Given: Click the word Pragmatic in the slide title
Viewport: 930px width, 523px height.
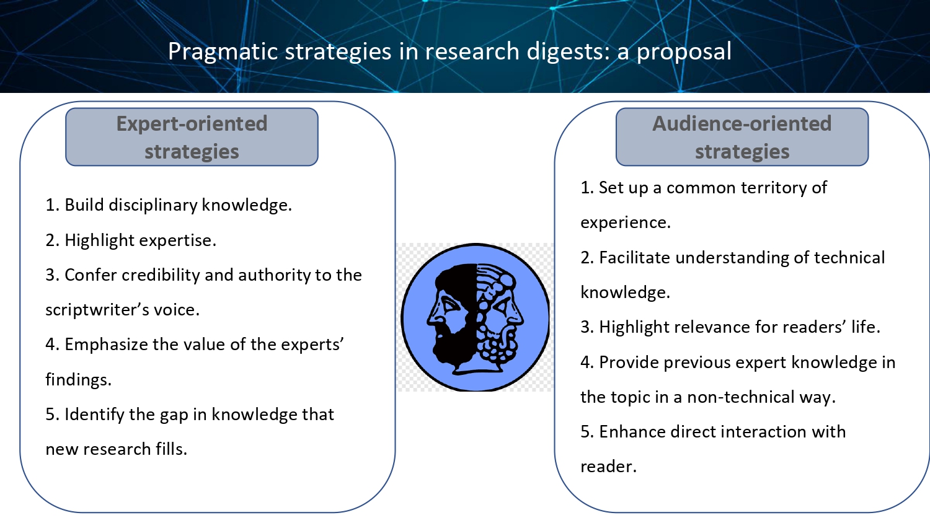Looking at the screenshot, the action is [x=223, y=52].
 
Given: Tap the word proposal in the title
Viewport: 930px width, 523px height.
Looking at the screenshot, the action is [x=684, y=52].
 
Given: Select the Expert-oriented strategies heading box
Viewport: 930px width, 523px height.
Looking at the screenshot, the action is [x=192, y=137].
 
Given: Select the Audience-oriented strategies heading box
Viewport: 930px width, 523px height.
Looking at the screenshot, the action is [x=742, y=137].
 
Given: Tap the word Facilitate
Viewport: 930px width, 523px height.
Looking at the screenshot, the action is [x=635, y=258].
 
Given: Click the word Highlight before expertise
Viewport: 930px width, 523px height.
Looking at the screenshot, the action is [x=100, y=240].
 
